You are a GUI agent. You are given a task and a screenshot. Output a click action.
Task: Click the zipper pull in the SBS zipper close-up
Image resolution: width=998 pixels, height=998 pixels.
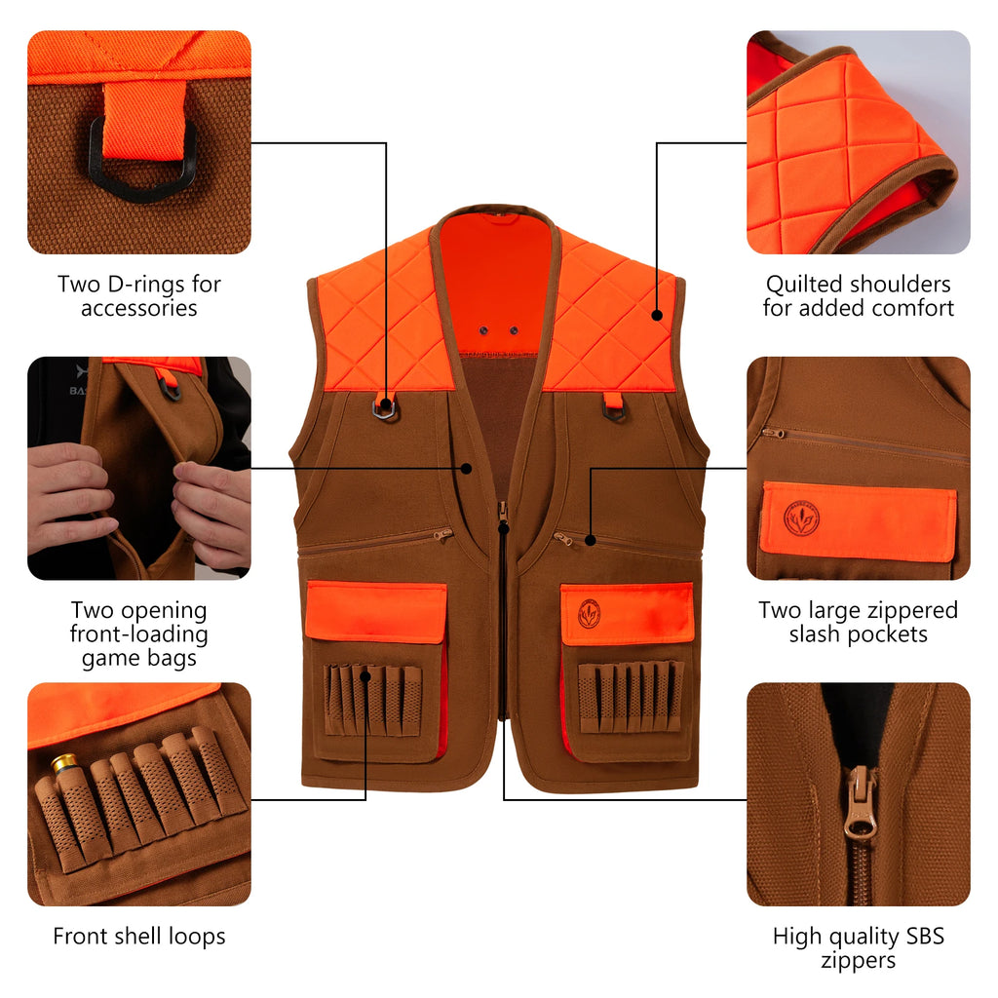pyautogui.click(x=859, y=802)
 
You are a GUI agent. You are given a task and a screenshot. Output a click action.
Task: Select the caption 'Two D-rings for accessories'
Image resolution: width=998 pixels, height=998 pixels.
pyautogui.click(x=139, y=296)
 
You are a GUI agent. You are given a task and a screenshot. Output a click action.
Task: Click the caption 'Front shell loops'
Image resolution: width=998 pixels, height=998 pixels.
pyautogui.click(x=139, y=937)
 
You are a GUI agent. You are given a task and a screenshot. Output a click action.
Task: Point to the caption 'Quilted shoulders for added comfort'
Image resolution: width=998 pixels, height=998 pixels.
pyautogui.click(x=859, y=296)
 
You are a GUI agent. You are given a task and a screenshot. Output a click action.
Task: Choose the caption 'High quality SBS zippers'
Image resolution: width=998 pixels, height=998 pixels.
pyautogui.click(x=859, y=948)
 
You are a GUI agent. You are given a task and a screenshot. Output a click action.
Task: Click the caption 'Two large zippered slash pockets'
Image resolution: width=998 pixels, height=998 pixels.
pyautogui.click(x=859, y=622)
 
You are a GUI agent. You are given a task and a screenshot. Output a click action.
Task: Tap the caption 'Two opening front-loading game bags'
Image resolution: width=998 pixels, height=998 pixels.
pyautogui.click(x=139, y=633)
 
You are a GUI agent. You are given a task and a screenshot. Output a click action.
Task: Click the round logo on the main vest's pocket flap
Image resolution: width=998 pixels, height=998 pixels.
pyautogui.click(x=590, y=613)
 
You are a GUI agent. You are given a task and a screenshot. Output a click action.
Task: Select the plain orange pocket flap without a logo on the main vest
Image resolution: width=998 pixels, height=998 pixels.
pyautogui.click(x=376, y=611)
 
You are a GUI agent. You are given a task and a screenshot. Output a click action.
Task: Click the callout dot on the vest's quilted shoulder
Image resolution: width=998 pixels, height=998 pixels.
pyautogui.click(x=658, y=315)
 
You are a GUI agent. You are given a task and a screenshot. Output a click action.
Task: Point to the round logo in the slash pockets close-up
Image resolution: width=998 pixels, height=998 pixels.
pyautogui.click(x=802, y=518)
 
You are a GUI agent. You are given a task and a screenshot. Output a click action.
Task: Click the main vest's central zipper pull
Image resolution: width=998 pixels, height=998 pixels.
pyautogui.click(x=503, y=513)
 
